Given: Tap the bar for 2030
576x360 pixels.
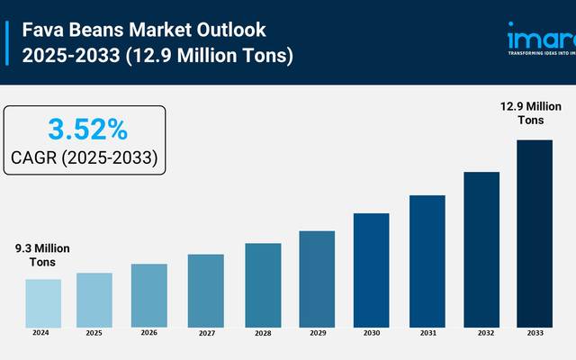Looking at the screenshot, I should pyautogui.click(x=371, y=269).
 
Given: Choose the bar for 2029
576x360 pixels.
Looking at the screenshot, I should pyautogui.click(x=317, y=278).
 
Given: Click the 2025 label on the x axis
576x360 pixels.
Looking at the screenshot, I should pyautogui.click(x=94, y=333).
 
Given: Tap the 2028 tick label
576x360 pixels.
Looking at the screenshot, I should pyautogui.click(x=262, y=333).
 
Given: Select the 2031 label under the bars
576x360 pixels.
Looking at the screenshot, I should pyautogui.click(x=427, y=333).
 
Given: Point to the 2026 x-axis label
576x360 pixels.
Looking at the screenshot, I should pyautogui.click(x=149, y=333).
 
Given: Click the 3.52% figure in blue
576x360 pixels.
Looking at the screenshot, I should pyautogui.click(x=86, y=130).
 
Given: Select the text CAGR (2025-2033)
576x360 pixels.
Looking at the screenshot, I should pyautogui.click(x=85, y=158).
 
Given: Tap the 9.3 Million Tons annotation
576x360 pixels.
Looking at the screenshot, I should pyautogui.click(x=41, y=255).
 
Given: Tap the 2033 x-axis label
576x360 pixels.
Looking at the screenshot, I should pyautogui.click(x=534, y=333).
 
